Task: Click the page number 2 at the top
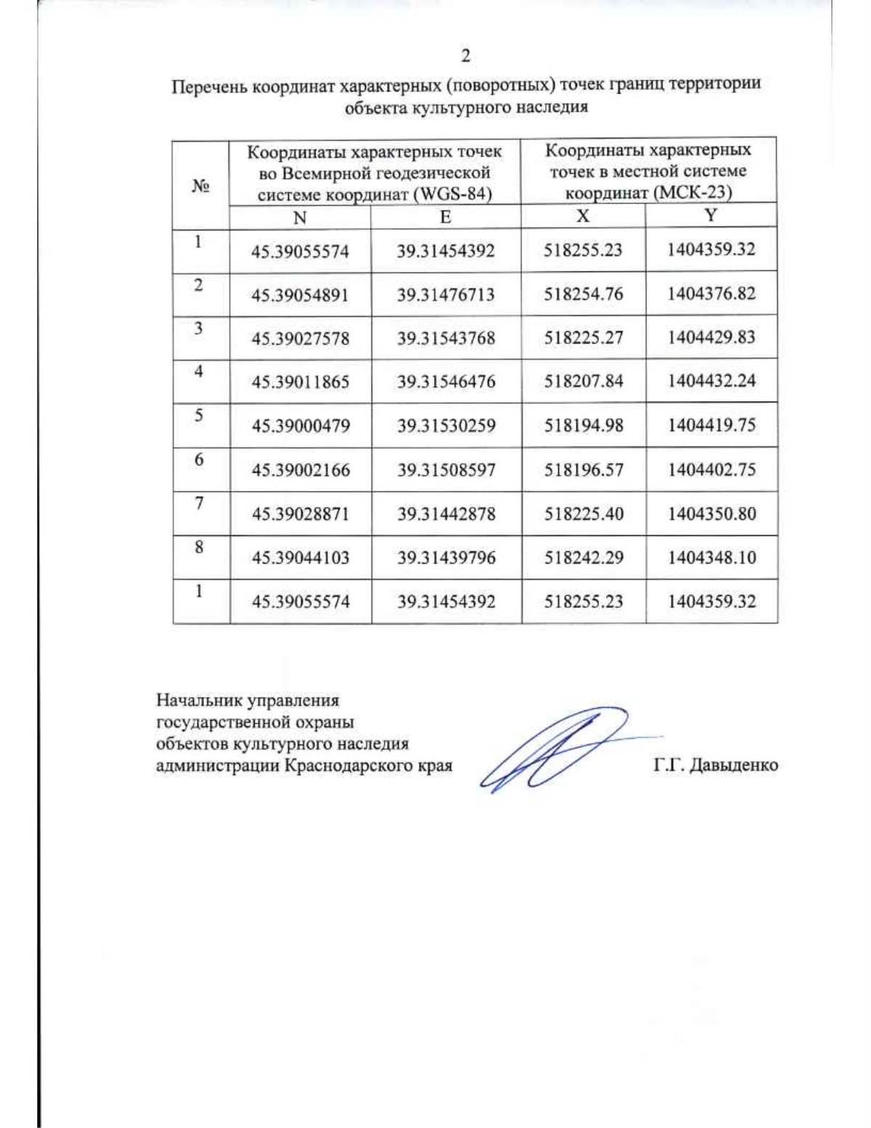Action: click(x=465, y=56)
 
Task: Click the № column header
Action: click(x=200, y=186)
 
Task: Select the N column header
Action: click(x=300, y=217)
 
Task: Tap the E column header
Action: click(x=445, y=216)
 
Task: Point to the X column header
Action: click(x=582, y=216)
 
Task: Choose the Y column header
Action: click(x=711, y=215)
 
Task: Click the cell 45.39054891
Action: click(x=300, y=295)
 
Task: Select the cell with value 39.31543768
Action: click(x=446, y=338)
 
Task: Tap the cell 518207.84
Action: click(x=584, y=381)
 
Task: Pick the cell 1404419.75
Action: click(x=711, y=425)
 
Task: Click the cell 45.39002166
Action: click(x=300, y=470)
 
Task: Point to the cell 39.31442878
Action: click(x=446, y=514)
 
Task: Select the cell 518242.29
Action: click(x=584, y=557)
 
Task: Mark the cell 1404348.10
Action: click(x=711, y=557)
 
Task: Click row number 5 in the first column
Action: click(x=199, y=415)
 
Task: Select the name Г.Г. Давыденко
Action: click(x=715, y=765)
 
